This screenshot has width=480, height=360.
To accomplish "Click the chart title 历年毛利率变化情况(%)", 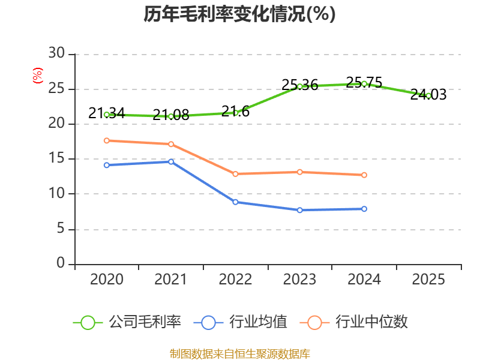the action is point(239,14).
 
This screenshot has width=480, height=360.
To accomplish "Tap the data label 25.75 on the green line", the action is point(364,83).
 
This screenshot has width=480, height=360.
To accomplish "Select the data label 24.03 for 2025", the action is point(428,95).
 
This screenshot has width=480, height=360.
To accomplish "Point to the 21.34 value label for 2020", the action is point(107,113).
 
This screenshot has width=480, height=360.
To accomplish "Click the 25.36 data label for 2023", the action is point(299,85).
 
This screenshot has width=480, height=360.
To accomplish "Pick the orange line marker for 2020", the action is point(107,140).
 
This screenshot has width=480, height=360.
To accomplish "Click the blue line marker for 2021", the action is point(171,161).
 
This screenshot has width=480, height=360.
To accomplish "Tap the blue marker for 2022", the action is point(235,202).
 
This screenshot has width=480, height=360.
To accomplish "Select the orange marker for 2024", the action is point(364,175).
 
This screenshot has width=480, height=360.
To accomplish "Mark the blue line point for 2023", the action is point(299,210).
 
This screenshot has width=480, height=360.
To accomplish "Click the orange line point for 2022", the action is point(235,174).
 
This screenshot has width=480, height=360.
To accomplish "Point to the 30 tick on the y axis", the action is point(56,53).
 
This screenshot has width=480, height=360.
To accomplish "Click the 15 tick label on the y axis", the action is point(56,158).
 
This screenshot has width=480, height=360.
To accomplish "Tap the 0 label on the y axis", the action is point(61,263).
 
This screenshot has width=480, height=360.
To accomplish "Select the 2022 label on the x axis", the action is point(235,280).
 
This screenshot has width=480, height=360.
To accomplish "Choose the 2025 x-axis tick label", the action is point(428,280).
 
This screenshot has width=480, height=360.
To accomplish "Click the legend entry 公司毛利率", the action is point(127,322).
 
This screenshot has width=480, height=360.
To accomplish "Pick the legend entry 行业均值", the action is point(241,322).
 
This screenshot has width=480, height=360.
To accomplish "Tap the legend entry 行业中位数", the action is point(354,322).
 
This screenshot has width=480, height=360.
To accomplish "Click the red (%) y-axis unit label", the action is point(38,76).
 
